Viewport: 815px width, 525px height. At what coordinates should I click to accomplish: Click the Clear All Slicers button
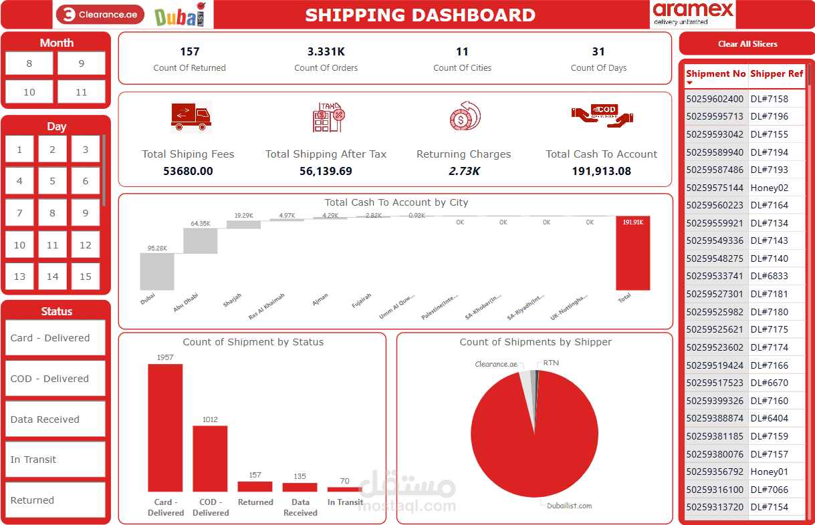[747, 44]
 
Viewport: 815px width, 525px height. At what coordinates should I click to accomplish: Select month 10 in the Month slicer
[29, 92]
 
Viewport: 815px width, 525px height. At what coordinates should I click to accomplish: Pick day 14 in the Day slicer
[52, 277]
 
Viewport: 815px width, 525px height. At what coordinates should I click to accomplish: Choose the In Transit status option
[55, 460]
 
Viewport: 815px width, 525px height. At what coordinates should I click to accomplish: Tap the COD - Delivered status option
[55, 379]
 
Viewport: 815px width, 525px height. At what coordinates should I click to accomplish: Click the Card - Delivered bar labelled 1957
[165, 427]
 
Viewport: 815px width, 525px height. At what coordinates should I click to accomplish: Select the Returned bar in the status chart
[255, 486]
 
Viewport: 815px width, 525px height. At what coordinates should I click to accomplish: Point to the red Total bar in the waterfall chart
[632, 254]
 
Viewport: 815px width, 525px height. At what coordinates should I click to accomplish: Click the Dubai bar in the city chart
[157, 272]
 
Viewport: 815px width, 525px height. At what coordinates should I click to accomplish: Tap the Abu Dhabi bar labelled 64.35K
[200, 240]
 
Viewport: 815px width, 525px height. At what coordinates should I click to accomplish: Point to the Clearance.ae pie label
[496, 365]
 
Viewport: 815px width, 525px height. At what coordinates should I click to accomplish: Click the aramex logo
[693, 14]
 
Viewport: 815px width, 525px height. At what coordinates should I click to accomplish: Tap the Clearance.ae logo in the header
[100, 15]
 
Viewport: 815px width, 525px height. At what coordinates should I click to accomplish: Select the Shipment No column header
[715, 74]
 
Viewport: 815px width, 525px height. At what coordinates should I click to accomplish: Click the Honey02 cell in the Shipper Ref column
[769, 188]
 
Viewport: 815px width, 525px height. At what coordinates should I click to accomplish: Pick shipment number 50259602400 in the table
[715, 99]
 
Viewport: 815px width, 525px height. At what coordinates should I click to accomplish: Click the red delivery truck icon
[191, 116]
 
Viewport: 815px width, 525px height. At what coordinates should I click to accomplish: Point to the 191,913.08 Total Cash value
[601, 171]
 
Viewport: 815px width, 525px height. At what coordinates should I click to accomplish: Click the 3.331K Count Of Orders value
[326, 51]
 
